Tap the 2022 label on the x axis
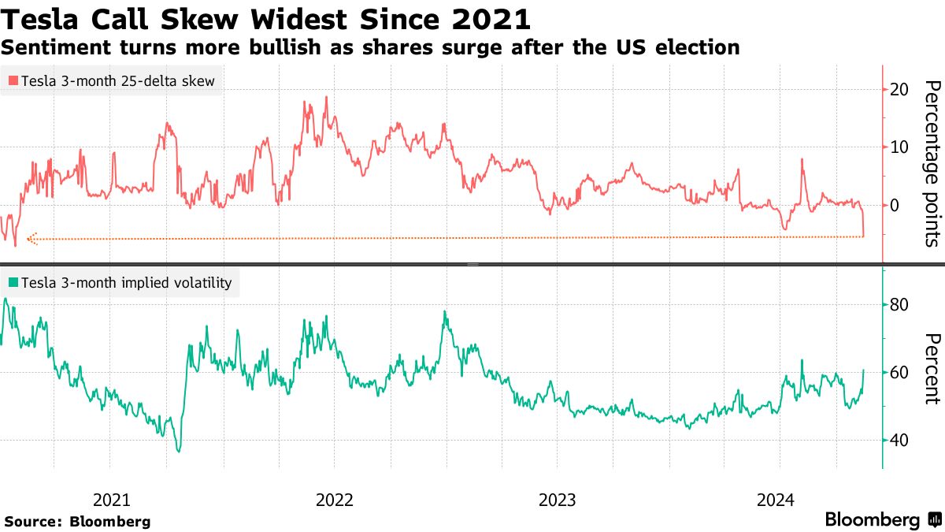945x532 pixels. coord(334,500)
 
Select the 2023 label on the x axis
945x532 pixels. coord(557,500)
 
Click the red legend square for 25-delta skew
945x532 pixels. coord(13,81)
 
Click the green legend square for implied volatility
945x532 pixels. coord(13,282)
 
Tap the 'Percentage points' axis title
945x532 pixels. coord(932,163)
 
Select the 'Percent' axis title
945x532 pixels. coord(932,368)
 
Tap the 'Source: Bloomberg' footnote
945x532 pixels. coord(77,522)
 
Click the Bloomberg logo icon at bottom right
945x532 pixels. coord(935,520)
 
